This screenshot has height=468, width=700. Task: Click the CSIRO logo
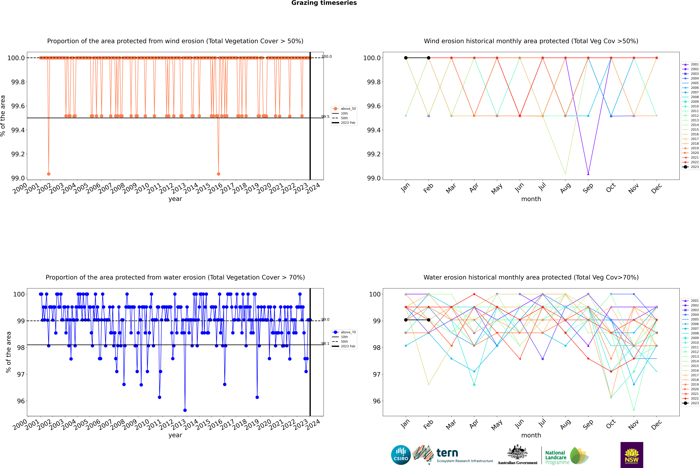point(401,455)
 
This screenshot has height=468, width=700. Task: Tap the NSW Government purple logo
point(632,455)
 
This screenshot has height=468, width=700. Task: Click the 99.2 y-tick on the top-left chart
point(18,154)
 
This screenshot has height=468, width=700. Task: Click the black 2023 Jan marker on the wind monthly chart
point(406,58)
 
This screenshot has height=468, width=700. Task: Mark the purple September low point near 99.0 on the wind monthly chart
point(588,174)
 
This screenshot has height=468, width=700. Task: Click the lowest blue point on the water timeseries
point(185,410)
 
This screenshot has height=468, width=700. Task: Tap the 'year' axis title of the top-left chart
point(175,199)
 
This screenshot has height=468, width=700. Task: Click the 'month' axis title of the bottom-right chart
point(531,435)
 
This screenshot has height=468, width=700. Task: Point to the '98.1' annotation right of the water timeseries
point(325,344)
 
